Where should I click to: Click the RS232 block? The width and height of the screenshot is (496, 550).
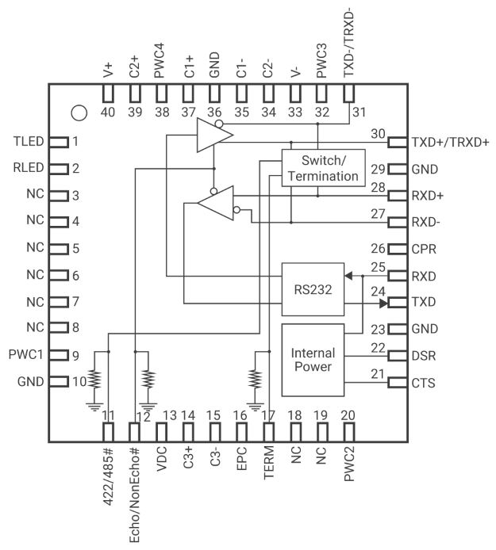(313, 289)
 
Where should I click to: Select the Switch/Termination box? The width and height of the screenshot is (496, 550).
(323, 168)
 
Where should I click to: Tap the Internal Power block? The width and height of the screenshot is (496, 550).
(313, 360)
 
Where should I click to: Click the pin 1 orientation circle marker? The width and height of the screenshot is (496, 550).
(79, 113)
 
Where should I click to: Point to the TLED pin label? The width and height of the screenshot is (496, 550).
(29, 141)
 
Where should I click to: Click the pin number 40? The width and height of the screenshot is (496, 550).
(107, 112)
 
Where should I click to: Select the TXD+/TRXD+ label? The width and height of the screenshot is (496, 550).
(450, 143)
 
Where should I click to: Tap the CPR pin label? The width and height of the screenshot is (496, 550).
(424, 249)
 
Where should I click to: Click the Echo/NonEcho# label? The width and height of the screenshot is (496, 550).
(135, 495)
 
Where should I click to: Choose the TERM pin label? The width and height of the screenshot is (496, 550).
(269, 463)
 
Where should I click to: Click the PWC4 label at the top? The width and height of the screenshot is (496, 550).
(160, 61)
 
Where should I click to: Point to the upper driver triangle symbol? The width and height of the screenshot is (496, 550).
(214, 135)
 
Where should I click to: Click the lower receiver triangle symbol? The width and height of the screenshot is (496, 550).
(216, 203)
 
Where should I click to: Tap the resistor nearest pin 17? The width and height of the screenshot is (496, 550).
(255, 379)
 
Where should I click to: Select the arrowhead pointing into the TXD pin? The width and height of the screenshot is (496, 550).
(383, 303)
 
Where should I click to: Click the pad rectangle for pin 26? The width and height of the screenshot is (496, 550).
(398, 249)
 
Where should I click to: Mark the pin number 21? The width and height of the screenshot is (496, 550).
(378, 374)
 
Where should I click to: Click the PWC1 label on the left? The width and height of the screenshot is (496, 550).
(25, 354)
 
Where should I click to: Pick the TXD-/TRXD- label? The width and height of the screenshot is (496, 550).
(348, 41)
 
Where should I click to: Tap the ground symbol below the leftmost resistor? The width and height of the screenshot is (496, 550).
(94, 407)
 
